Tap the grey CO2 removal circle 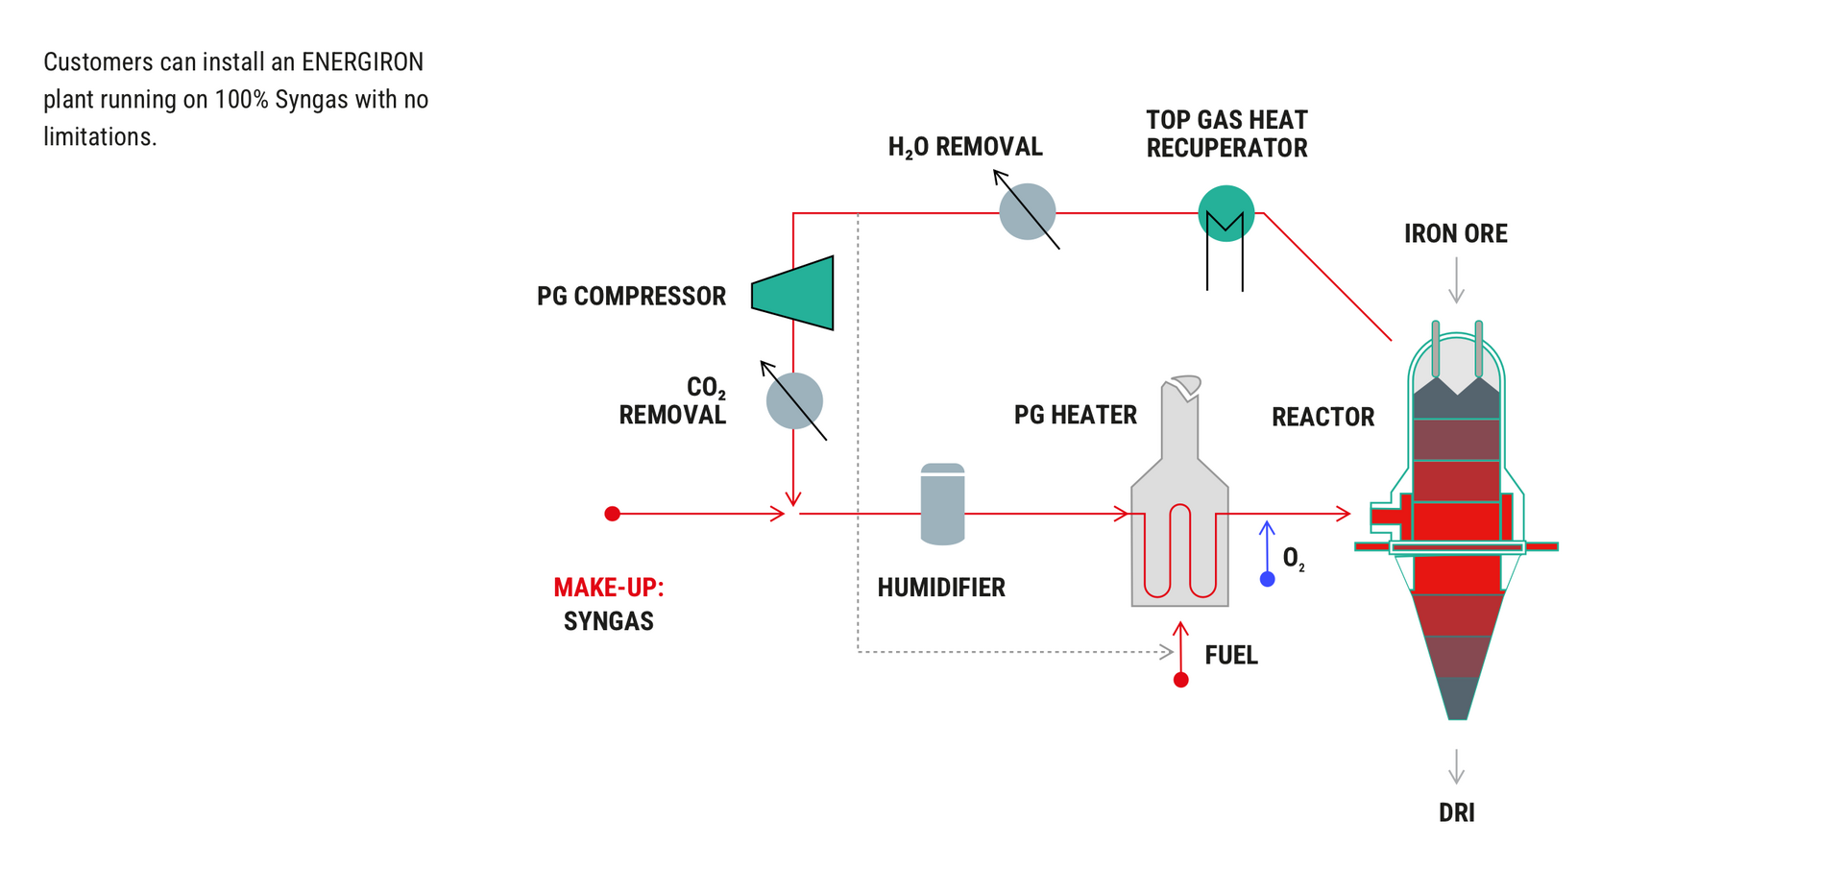coord(794,401)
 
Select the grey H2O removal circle coord(1027,212)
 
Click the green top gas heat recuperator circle coord(1225,213)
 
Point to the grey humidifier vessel coord(942,505)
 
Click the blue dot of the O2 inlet coord(1267,579)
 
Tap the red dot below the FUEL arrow coord(1181,680)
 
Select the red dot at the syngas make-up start coord(612,514)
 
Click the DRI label coord(1456,813)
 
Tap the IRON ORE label coord(1455,233)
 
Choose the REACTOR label coord(1322,417)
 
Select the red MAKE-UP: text coord(608,588)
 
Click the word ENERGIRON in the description coord(362,62)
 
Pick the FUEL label coord(1230,655)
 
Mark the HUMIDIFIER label coord(940,588)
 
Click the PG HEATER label coord(1075,415)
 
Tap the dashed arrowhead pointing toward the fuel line coord(1167,652)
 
